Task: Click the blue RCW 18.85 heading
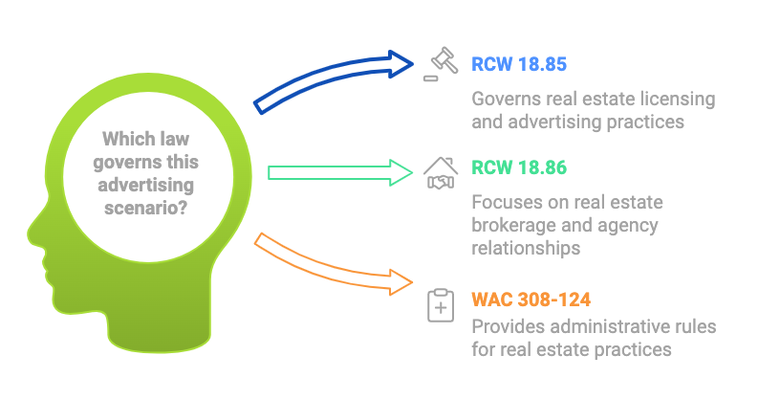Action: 519,64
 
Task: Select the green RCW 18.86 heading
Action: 519,167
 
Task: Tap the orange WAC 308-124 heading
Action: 531,300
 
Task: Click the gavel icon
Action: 441,64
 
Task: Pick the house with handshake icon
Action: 441,172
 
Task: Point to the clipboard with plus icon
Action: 441,304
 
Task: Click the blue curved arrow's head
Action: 401,64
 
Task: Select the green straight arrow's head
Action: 401,172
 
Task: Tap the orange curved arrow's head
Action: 401,283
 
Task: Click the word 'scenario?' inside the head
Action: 145,208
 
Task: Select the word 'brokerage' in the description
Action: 514,226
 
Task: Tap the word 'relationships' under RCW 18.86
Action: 526,248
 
